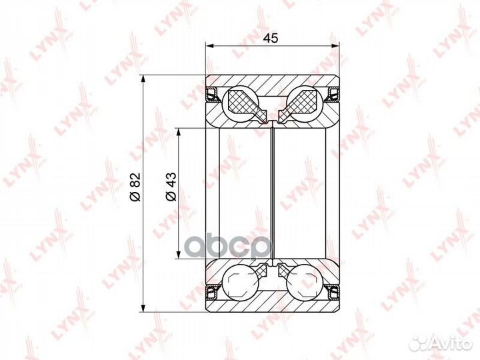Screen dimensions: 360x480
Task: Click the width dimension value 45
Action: pyautogui.click(x=270, y=38)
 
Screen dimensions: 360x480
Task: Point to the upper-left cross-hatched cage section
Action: pyautogui.click(x=243, y=103)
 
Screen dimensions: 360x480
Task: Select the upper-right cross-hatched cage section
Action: pyautogui.click(x=303, y=103)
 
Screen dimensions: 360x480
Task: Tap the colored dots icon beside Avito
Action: pyautogui.click(x=419, y=342)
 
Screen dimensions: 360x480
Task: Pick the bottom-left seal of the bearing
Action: pyautogui.click(x=213, y=290)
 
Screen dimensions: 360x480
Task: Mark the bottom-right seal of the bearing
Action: pyautogui.click(x=333, y=290)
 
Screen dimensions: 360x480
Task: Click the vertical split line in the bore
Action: pyautogui.click(x=273, y=193)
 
